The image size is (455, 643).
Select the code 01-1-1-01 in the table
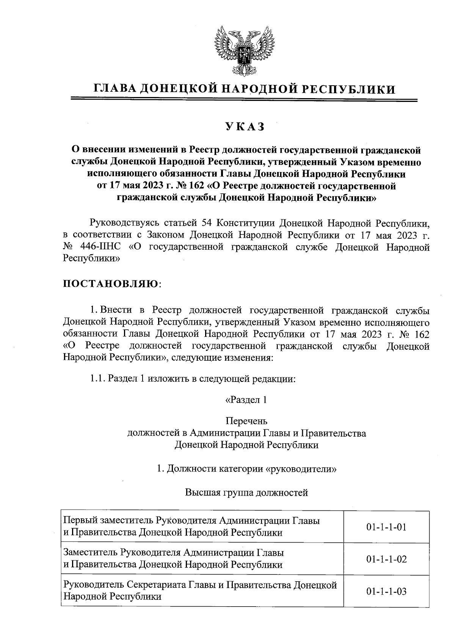tap(386, 527)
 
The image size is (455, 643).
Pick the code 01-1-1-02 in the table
tap(386, 559)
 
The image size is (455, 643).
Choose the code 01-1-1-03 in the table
tap(386, 591)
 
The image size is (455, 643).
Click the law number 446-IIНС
tap(100, 247)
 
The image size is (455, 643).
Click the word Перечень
tap(246, 421)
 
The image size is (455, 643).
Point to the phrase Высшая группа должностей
tap(246, 493)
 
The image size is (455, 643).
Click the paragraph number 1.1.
tap(97, 379)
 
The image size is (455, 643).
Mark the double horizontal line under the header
tap(245, 100)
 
